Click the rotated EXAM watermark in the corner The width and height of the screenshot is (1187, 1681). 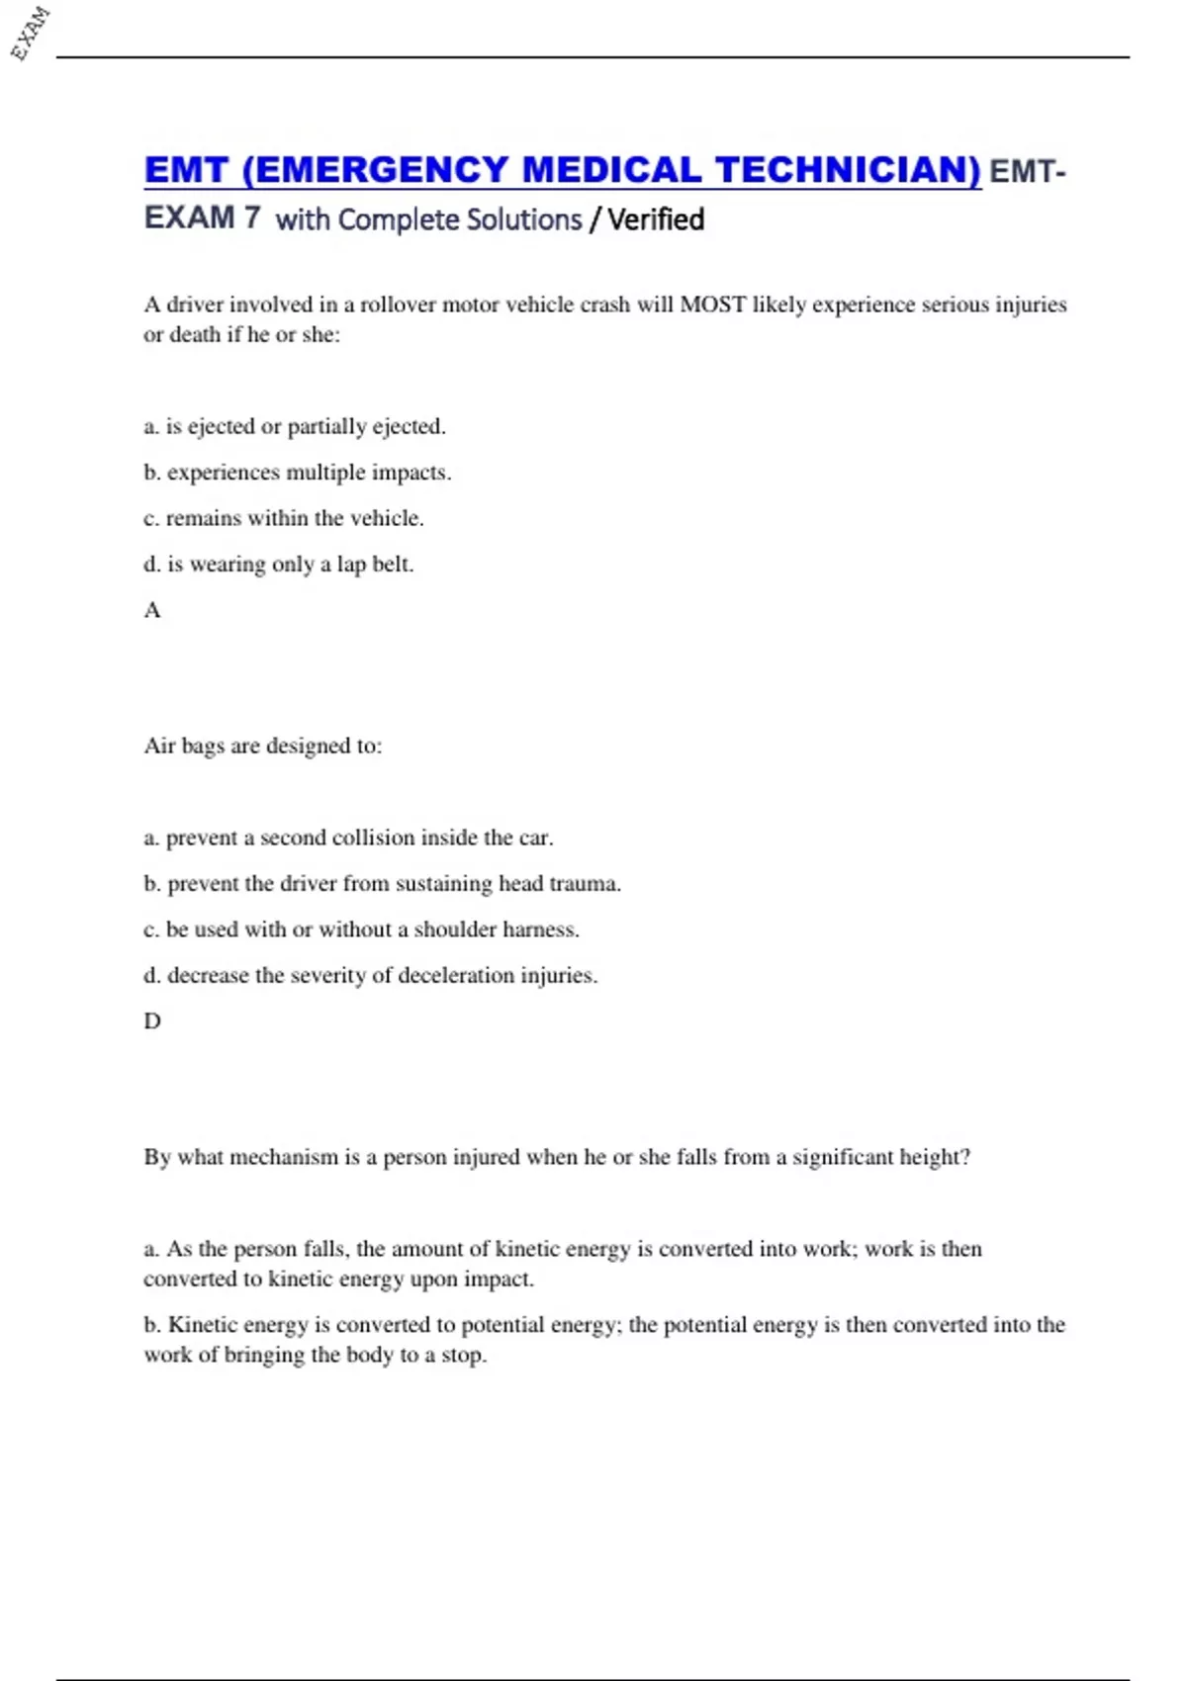[x=30, y=34]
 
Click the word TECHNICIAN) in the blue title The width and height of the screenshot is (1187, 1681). [x=848, y=170]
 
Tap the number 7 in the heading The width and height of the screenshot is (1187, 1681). [x=252, y=218]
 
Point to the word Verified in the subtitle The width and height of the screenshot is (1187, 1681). [x=656, y=220]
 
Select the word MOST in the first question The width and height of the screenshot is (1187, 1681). [x=711, y=305]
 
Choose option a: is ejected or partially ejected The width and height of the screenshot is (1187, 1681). [x=295, y=426]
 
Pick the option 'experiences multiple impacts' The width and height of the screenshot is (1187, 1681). [x=298, y=473]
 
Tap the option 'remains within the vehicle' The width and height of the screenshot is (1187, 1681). [x=284, y=518]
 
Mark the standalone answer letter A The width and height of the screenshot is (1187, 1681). [x=152, y=610]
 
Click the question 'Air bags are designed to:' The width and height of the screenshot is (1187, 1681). [x=263, y=746]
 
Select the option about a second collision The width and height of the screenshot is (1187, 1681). [x=348, y=838]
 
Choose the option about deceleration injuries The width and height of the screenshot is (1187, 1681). [x=371, y=975]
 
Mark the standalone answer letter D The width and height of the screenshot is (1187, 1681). [x=152, y=1021]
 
